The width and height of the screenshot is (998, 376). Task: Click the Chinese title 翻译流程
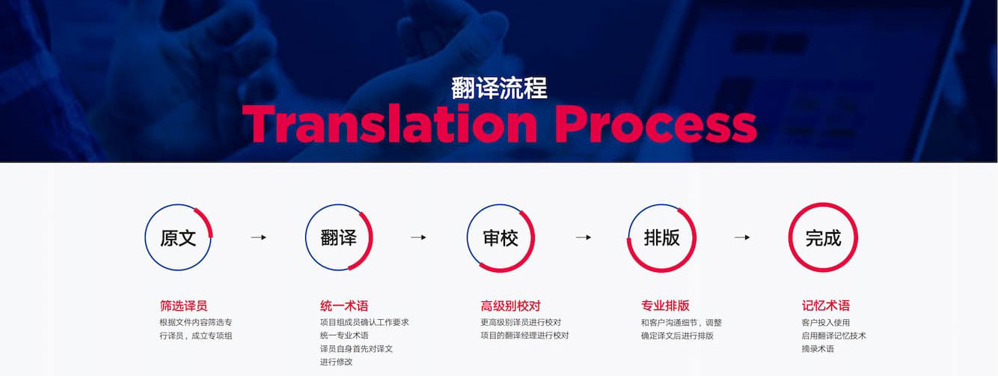[499, 88]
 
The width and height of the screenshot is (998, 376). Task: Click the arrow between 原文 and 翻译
[258, 237]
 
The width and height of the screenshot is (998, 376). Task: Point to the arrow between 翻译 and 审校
[418, 237]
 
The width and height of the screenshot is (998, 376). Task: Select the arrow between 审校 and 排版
[584, 237]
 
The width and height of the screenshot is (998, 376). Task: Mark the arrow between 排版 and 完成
[742, 237]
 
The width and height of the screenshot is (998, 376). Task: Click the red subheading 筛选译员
[183, 306]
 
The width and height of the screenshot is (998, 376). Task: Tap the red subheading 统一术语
[344, 306]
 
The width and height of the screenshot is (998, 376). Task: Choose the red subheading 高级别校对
[510, 306]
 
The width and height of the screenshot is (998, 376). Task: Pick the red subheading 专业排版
[665, 306]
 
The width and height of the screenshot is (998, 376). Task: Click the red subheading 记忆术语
[826, 306]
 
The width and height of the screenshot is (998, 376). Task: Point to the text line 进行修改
[336, 362]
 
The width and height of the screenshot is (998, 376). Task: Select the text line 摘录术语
[818, 349]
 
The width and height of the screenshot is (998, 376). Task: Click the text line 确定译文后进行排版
[677, 336]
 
